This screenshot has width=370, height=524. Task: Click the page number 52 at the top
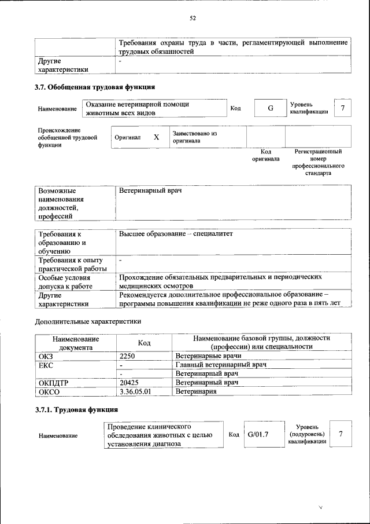click(193, 18)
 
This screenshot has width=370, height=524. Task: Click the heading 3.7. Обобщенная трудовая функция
click(95, 87)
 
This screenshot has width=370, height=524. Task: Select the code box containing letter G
click(269, 108)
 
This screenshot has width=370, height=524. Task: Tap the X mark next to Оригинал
click(156, 138)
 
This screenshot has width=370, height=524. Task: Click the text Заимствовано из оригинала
click(194, 137)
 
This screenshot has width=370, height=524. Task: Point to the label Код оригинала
click(265, 155)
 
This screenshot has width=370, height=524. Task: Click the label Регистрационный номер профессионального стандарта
click(318, 162)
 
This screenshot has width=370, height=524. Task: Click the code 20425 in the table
click(130, 383)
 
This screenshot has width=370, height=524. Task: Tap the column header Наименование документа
click(76, 342)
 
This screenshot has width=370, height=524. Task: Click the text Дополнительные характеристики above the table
click(88, 321)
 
